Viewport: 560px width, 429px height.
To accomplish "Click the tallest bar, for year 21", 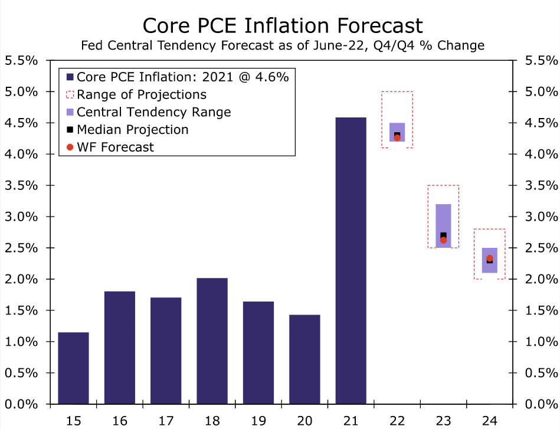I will tap(351, 260).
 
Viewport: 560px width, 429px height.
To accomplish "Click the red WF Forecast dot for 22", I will tap(397, 137).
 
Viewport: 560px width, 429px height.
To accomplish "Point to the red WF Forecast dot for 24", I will tap(489, 258).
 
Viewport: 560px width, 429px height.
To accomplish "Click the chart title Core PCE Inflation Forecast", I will tap(283, 25).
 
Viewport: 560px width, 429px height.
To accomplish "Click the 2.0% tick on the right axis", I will tap(538, 279).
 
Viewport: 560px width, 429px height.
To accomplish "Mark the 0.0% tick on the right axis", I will tap(538, 404).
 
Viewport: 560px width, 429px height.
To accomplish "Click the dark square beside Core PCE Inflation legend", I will tap(70, 77).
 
